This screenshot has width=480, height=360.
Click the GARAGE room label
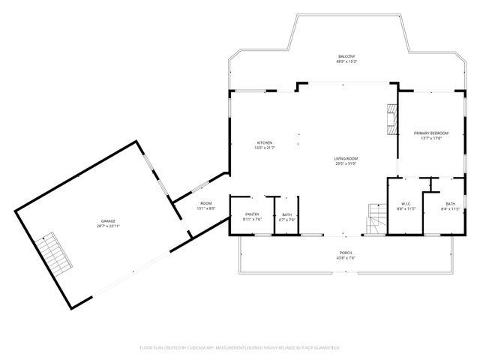pyautogui.click(x=109, y=221)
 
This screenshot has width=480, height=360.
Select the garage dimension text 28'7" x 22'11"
pyautogui.click(x=109, y=226)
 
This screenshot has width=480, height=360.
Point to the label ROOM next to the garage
pyautogui.click(x=205, y=202)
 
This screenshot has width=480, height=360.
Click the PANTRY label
pyautogui.click(x=252, y=214)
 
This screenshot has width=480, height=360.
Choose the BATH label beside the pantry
pyautogui.click(x=286, y=214)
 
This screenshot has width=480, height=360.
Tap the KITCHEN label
pyautogui.click(x=265, y=142)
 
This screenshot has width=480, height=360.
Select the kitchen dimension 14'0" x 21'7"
pyautogui.click(x=265, y=148)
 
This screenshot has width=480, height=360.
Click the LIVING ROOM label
pyautogui.click(x=346, y=158)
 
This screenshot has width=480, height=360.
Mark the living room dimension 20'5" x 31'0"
pyautogui.click(x=346, y=163)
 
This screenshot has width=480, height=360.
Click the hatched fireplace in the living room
pyautogui.click(x=389, y=119)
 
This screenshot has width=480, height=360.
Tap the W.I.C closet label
pyautogui.click(x=405, y=203)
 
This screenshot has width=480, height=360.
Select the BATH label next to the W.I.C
pyautogui.click(x=450, y=203)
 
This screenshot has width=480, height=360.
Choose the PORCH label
pyautogui.click(x=346, y=253)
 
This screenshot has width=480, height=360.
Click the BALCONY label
pyautogui.click(x=346, y=56)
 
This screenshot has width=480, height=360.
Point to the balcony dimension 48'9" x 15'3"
pyautogui.click(x=346, y=61)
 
